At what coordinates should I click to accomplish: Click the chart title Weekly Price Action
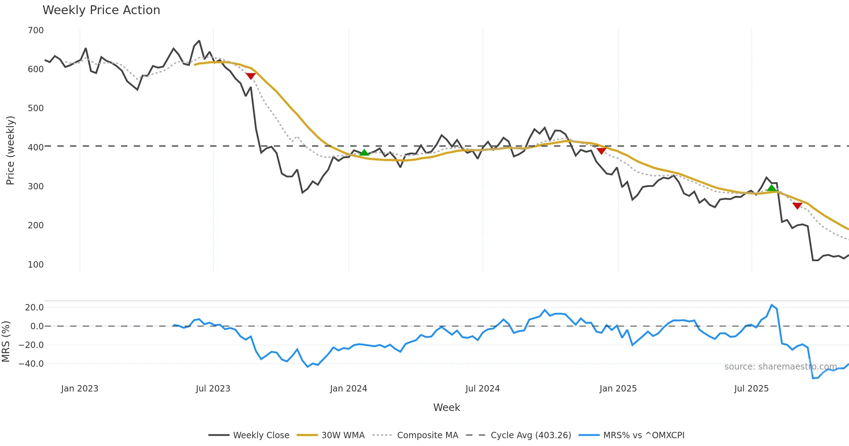[101, 10]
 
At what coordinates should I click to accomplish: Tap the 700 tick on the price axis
[36, 30]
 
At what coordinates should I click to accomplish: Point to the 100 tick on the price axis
[36, 265]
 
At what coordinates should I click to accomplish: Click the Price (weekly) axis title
[10, 150]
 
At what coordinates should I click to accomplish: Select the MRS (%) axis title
[6, 342]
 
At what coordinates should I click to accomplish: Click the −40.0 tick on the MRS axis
[31, 364]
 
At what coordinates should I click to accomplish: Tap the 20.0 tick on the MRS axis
[34, 308]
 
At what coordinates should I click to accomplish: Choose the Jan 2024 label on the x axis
[348, 389]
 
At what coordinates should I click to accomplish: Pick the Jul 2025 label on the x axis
[751, 389]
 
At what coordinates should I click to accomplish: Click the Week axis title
[446, 408]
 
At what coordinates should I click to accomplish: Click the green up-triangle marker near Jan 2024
[364, 153]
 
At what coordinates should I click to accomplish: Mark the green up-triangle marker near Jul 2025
[772, 188]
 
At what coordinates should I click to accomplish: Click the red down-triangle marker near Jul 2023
[250, 76]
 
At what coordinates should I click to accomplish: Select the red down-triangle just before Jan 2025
[601, 151]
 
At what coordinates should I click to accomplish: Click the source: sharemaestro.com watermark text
[780, 367]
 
